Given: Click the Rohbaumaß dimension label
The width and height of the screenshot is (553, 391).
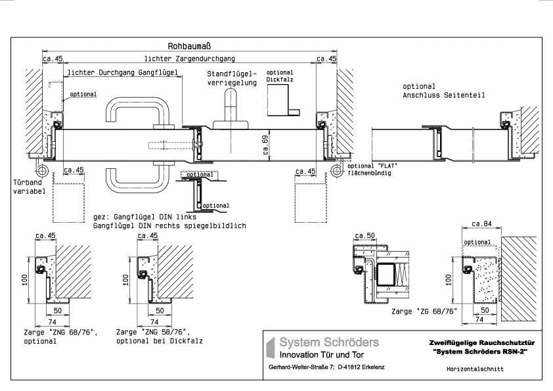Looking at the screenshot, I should click(x=188, y=47).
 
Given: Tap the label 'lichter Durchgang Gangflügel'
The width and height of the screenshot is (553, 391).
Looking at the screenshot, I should click(x=123, y=73).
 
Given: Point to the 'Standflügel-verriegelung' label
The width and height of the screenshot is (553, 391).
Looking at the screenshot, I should click(x=232, y=78).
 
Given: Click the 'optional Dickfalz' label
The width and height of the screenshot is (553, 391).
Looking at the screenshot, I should click(x=279, y=76).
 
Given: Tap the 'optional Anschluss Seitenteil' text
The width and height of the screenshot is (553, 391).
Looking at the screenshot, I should click(x=444, y=91).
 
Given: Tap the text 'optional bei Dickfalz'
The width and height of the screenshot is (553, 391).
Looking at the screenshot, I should click(x=159, y=341).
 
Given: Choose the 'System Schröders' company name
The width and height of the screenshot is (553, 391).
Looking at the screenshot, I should click(x=329, y=342).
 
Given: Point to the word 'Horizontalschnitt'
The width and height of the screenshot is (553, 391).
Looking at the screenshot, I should click(x=476, y=369).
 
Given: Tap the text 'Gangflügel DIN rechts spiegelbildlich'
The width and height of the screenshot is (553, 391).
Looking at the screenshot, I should click(x=169, y=225).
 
